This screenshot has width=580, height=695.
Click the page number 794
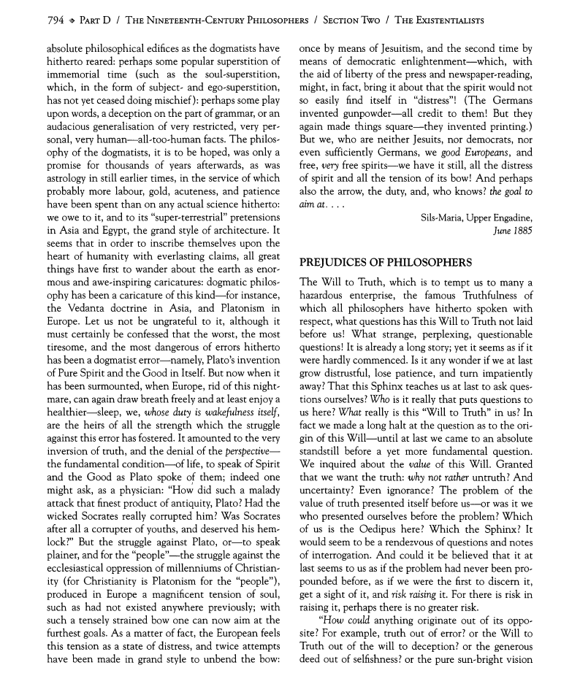35,19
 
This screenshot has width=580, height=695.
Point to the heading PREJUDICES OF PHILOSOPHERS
386,261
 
